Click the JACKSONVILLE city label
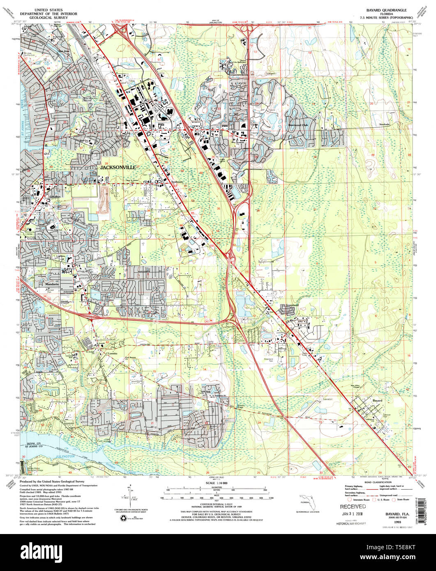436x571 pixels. click(118, 168)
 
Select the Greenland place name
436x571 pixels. click(292, 306)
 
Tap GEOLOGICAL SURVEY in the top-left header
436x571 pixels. click(50, 18)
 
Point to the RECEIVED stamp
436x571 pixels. click(352, 506)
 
